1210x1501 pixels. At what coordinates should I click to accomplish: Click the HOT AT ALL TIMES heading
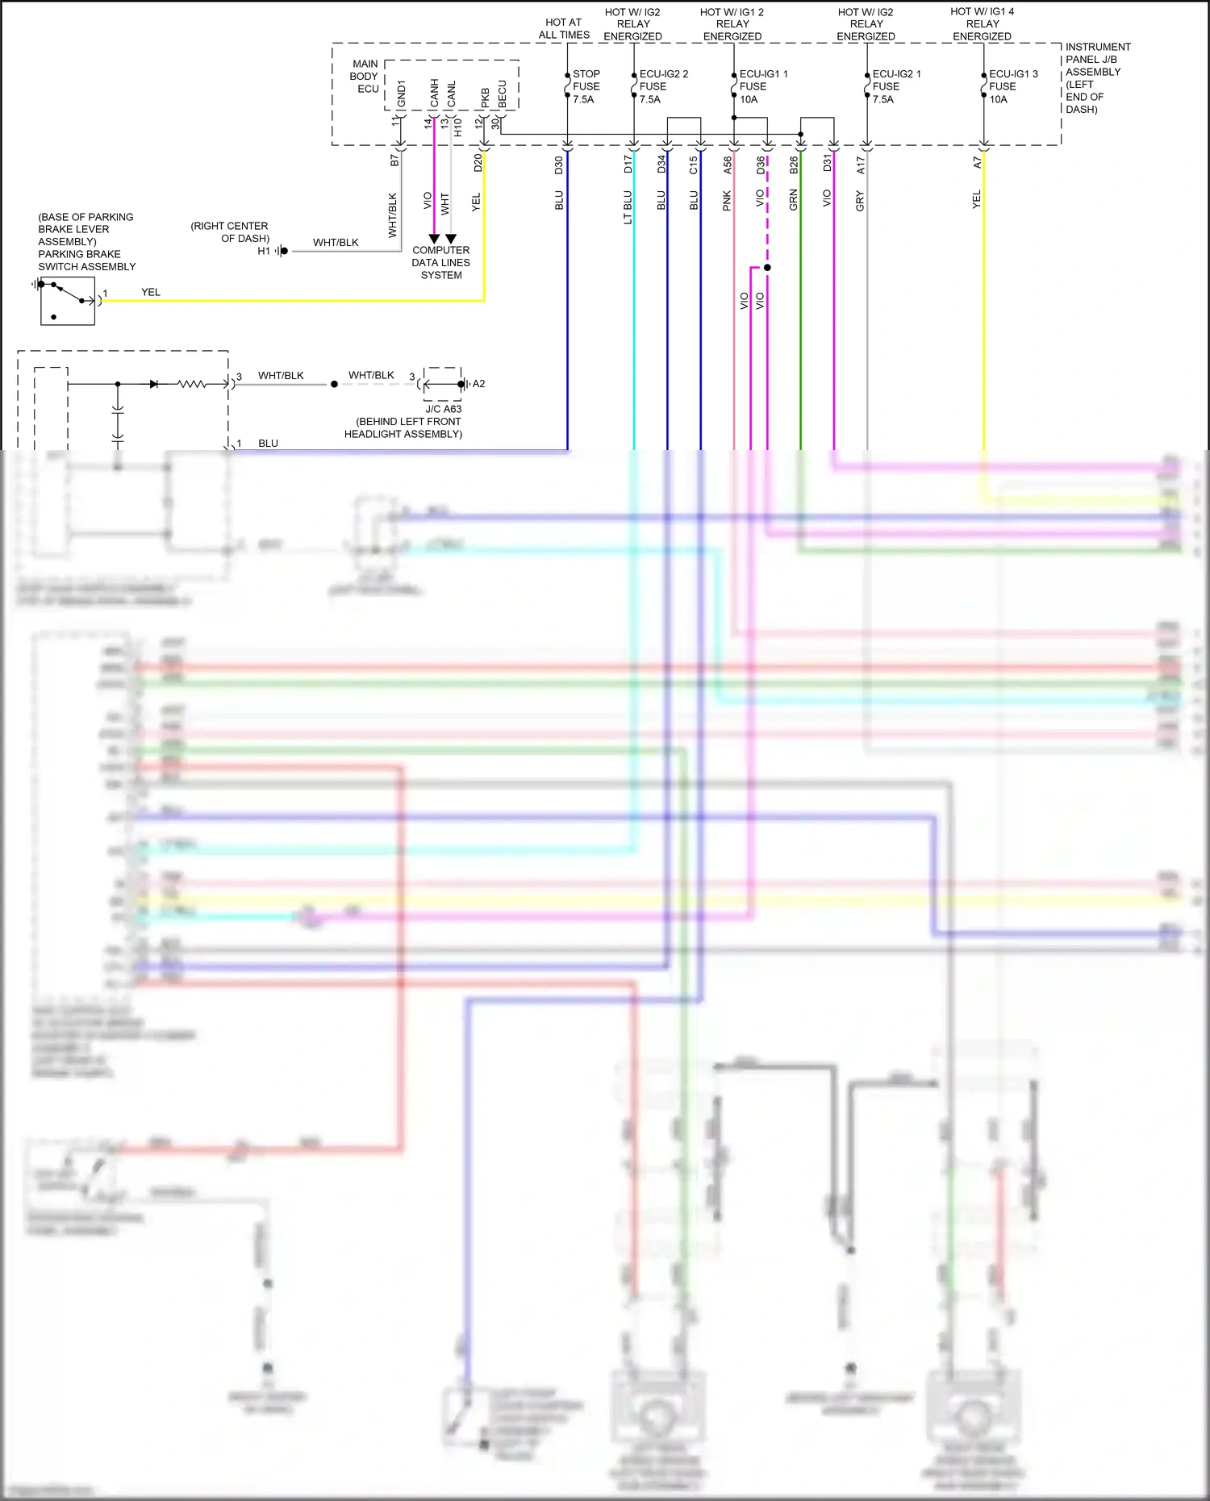(x=564, y=29)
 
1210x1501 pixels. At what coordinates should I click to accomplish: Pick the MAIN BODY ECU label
(x=365, y=77)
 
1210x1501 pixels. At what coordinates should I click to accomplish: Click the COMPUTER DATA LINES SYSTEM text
(x=440, y=263)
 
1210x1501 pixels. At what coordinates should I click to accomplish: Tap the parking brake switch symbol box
(x=68, y=301)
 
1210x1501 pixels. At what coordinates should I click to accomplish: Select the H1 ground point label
(x=264, y=252)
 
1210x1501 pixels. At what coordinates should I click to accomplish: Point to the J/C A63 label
(x=443, y=409)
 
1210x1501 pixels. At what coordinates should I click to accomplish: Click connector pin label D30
(x=559, y=165)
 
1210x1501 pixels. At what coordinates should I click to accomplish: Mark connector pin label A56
(x=728, y=165)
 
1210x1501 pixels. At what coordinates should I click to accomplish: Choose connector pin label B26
(x=794, y=165)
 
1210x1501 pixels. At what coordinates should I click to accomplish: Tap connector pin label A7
(x=977, y=163)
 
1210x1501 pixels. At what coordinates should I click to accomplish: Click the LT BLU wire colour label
(x=628, y=207)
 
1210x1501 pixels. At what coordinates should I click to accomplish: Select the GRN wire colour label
(x=793, y=200)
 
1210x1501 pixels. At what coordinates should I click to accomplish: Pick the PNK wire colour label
(x=727, y=201)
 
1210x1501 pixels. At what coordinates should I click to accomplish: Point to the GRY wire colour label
(x=860, y=201)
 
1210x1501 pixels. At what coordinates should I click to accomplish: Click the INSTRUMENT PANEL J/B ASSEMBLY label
(x=1097, y=77)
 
